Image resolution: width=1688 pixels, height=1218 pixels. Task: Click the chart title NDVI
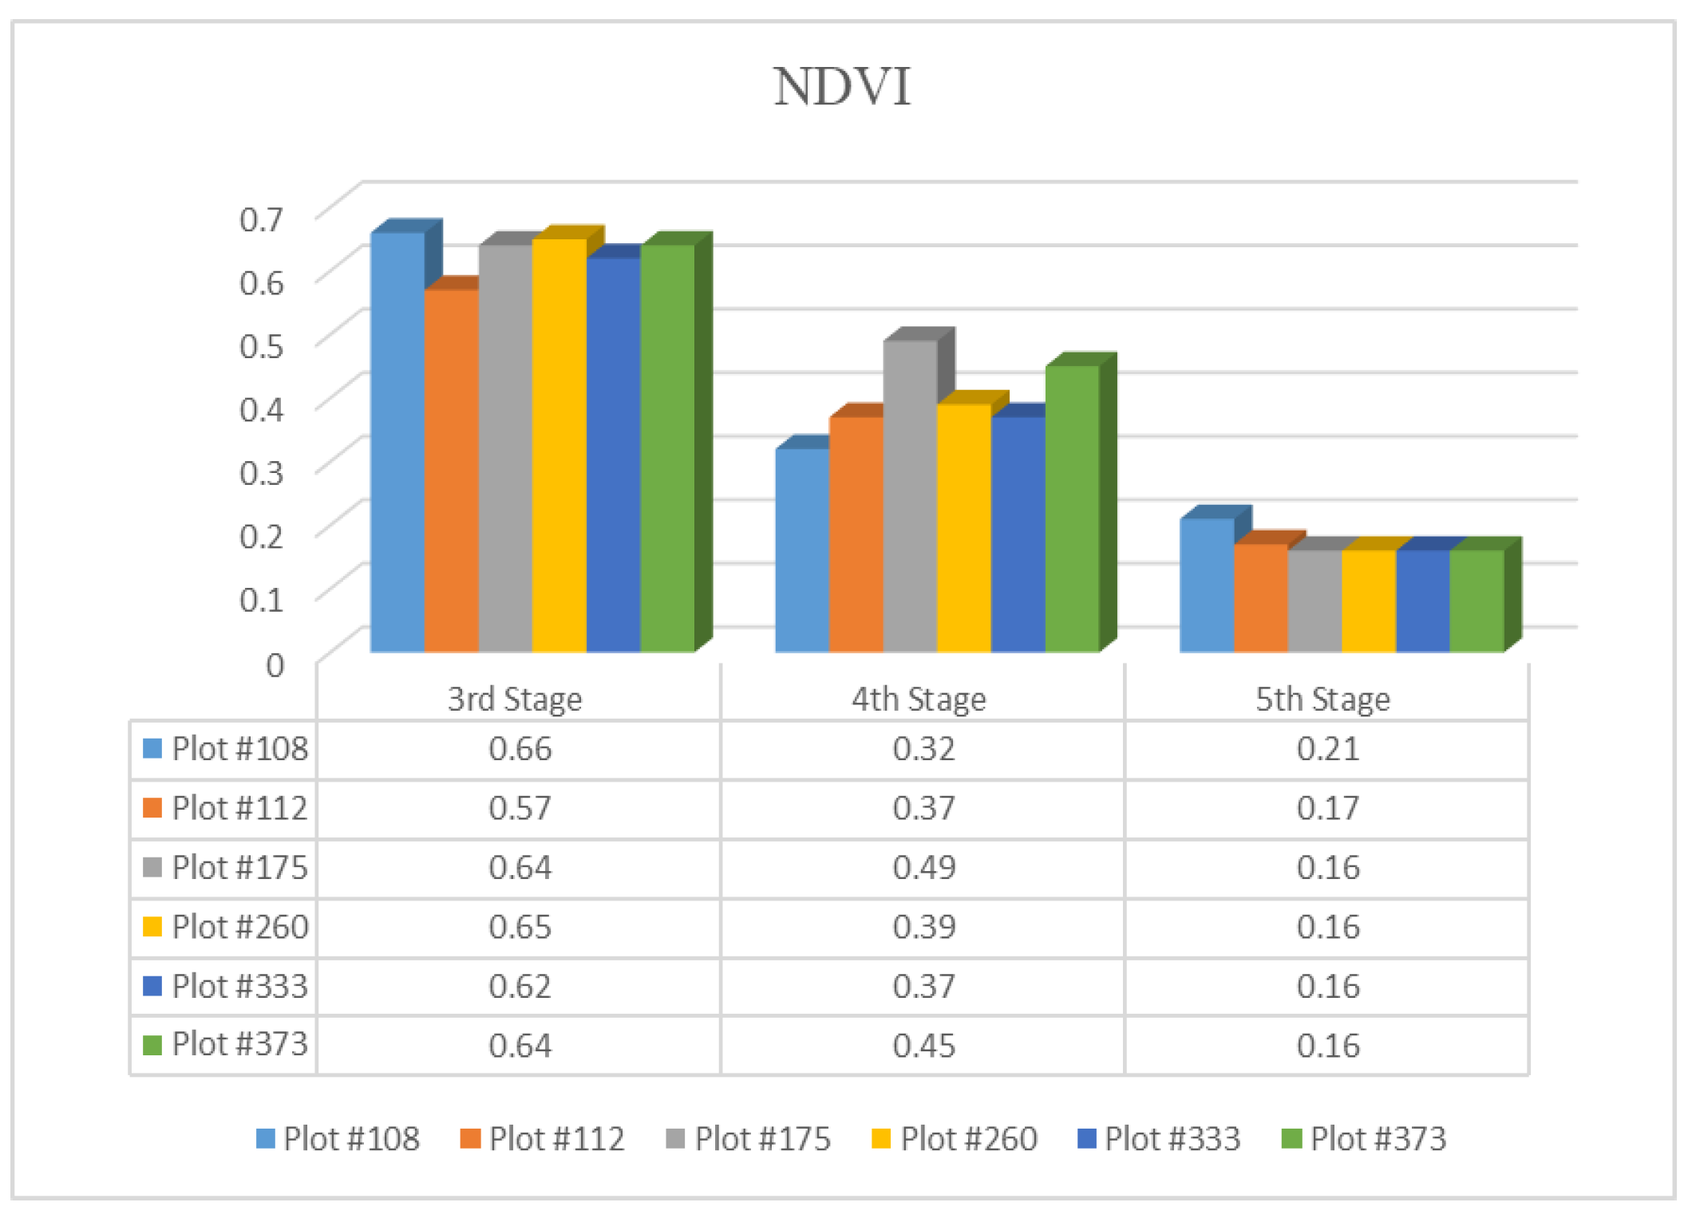[x=842, y=86]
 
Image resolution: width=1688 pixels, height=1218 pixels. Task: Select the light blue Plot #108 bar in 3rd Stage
[x=397, y=443]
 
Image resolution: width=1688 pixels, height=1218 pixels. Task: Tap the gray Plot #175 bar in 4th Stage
[x=910, y=495]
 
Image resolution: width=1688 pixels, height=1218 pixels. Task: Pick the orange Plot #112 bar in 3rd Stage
[x=451, y=471]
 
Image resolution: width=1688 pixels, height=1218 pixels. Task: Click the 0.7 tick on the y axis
[x=262, y=219]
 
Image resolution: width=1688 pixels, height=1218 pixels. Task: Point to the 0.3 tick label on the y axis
[x=262, y=472]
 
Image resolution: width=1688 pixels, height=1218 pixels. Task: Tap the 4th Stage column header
[x=919, y=700]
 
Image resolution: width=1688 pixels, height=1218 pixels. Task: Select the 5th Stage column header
[x=1322, y=700]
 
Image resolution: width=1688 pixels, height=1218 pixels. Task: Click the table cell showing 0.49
[x=923, y=867]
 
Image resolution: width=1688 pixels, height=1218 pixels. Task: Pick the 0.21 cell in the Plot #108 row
[x=1327, y=749]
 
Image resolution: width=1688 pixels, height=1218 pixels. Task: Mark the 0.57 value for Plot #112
[x=520, y=808]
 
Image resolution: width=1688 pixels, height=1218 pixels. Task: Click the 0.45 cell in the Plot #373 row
[x=923, y=1046]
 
